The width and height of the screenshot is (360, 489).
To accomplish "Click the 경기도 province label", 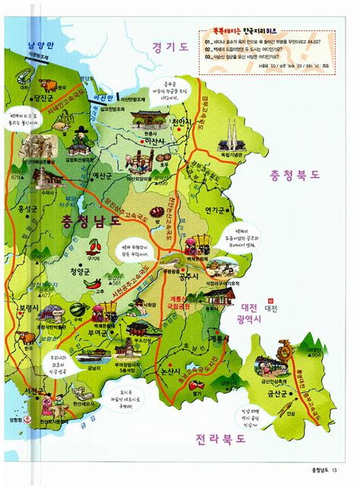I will point(169,47).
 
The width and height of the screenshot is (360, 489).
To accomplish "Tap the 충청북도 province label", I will point(294,175).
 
